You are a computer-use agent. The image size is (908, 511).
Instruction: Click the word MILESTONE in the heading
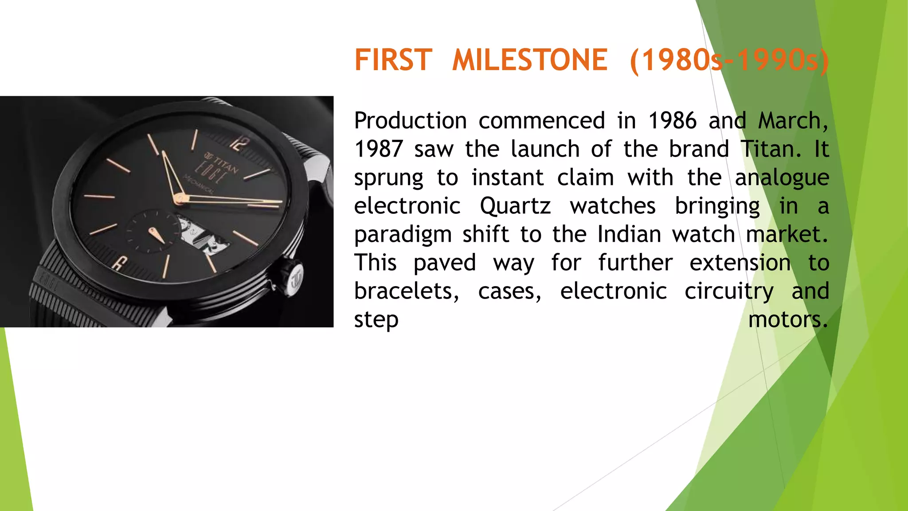pyautogui.click(x=529, y=60)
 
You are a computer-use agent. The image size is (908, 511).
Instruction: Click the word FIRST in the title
pyautogui.click(x=393, y=60)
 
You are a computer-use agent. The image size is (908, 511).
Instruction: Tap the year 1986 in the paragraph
pyautogui.click(x=672, y=121)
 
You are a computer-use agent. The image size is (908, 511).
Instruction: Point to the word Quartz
pyautogui.click(x=515, y=206)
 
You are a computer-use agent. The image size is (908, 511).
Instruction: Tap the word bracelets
pyautogui.click(x=406, y=291)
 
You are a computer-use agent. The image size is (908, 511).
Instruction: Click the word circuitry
pyautogui.click(x=729, y=292)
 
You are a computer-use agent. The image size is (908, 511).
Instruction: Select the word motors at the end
pyautogui.click(x=787, y=320)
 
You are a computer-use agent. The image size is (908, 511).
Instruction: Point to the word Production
pyautogui.click(x=410, y=121)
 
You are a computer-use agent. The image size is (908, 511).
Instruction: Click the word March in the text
pyautogui.click(x=792, y=121)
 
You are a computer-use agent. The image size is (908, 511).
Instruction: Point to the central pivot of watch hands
pyautogui.click(x=180, y=199)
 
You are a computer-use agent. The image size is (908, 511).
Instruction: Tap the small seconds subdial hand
pyautogui.click(x=156, y=235)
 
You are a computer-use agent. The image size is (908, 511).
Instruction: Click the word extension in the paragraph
pyautogui.click(x=740, y=263)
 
